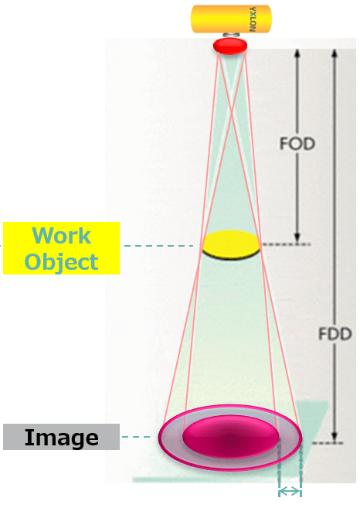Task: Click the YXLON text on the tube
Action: tap(253, 19)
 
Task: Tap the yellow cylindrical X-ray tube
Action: tap(231, 19)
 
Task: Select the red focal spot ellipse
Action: tap(230, 46)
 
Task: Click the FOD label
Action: tap(297, 144)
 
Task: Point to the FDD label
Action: tap(335, 334)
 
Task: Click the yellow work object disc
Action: tap(231, 245)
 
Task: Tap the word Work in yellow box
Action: tap(62, 236)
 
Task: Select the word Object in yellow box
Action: tap(62, 262)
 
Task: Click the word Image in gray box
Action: tap(62, 438)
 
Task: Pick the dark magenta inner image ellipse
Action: tap(231, 437)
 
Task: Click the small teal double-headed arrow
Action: tap(290, 492)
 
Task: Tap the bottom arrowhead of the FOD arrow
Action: tap(297, 237)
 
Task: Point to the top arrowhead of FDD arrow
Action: tap(335, 54)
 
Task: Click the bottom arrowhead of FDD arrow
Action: tap(335, 436)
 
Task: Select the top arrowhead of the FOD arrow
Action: tap(297, 54)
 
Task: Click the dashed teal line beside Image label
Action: tap(136, 437)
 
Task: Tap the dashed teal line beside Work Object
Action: tap(159, 246)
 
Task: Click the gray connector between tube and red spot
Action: tap(231, 35)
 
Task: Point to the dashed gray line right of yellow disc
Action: tap(286, 244)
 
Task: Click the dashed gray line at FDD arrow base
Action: tap(327, 443)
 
